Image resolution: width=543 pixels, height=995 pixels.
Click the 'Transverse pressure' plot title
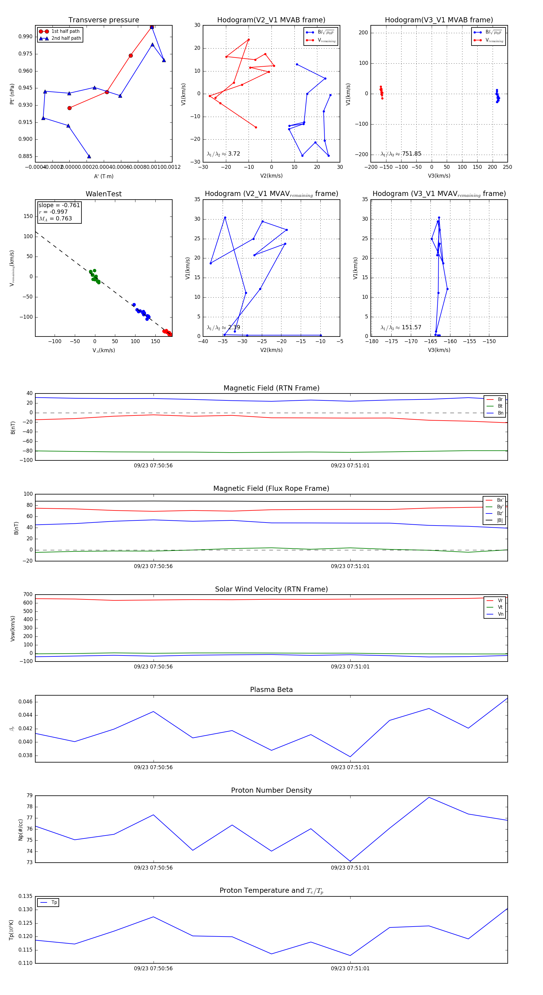click(x=103, y=20)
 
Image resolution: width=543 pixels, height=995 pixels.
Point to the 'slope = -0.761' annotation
click(x=59, y=205)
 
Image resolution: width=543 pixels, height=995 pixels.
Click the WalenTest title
click(x=103, y=194)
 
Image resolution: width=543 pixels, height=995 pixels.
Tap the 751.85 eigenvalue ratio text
click(x=411, y=154)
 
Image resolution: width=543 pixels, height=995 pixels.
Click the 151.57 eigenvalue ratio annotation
click(x=411, y=327)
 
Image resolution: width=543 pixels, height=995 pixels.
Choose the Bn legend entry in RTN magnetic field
click(x=500, y=413)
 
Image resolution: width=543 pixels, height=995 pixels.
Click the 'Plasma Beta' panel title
click(x=271, y=690)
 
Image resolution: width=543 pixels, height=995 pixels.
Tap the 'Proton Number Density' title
click(x=271, y=790)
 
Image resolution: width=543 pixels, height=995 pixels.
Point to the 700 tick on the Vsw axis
click(x=28, y=595)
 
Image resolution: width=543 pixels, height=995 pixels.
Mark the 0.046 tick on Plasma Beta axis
click(x=26, y=702)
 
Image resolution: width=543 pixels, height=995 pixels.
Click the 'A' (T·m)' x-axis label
click(x=103, y=176)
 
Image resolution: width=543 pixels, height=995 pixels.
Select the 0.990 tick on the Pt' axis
click(x=26, y=37)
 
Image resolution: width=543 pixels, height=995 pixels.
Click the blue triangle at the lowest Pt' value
click(x=89, y=156)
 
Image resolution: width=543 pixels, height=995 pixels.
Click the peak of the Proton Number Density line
click(x=429, y=798)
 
